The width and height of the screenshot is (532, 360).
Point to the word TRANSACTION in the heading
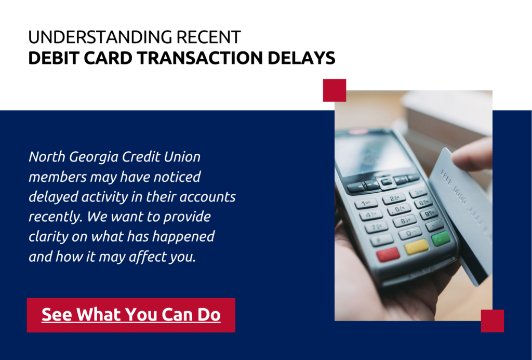click(x=200, y=58)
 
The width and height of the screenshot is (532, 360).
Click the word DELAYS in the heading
click(x=301, y=58)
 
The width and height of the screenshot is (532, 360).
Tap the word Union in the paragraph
click(x=182, y=157)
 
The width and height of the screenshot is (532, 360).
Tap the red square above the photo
click(x=335, y=90)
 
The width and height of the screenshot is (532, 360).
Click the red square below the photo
click(x=493, y=321)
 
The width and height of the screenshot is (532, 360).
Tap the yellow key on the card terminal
click(x=416, y=247)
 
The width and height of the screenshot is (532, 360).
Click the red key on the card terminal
click(x=388, y=255)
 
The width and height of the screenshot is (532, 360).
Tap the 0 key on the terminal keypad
click(x=410, y=233)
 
